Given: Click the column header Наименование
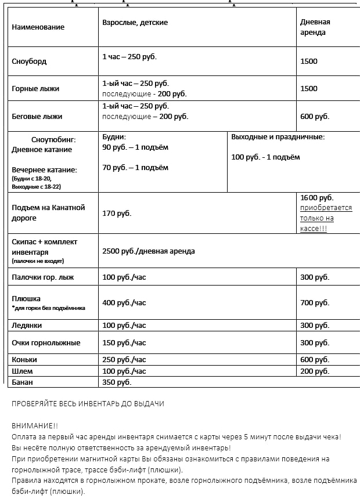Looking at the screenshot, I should click(x=38, y=27).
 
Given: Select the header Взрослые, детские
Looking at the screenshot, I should click(x=135, y=23).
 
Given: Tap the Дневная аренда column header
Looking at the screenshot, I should click(x=315, y=27).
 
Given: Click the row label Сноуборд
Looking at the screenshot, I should click(x=29, y=62).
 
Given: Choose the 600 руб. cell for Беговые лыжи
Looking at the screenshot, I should click(x=315, y=117).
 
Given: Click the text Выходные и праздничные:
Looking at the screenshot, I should click(x=278, y=138).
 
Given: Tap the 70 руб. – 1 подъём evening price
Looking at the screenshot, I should click(x=135, y=168).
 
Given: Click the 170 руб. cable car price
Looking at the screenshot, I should click(x=117, y=214).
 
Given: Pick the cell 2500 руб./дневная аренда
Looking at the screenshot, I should click(x=148, y=251).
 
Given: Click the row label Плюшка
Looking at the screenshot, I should click(x=27, y=298).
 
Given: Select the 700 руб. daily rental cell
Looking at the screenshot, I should click(x=315, y=303).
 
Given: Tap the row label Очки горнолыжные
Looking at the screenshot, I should click(x=46, y=343).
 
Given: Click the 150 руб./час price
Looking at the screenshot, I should click(x=124, y=343).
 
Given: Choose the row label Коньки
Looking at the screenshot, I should click(x=25, y=360).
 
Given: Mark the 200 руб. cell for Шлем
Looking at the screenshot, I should click(x=315, y=371).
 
